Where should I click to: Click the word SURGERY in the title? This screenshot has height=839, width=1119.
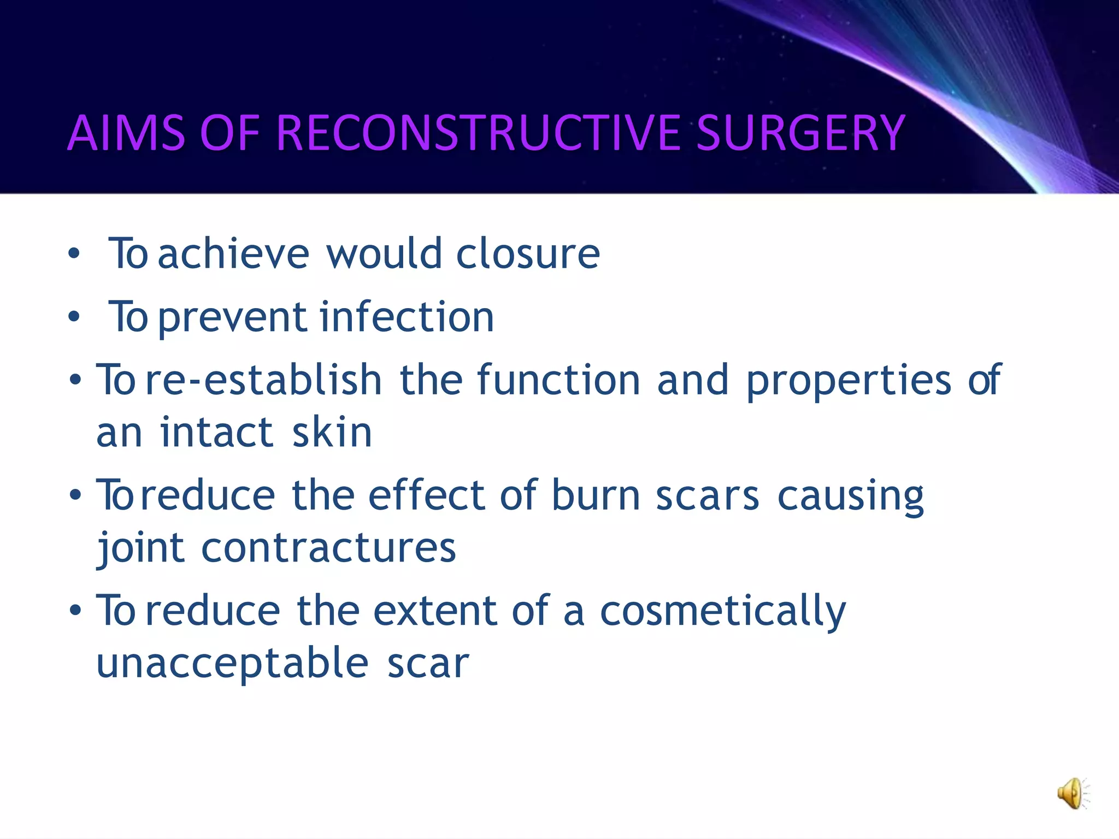tap(801, 133)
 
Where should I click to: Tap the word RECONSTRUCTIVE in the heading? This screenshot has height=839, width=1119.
tap(481, 133)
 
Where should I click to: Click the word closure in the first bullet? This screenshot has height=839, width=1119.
tap(528, 254)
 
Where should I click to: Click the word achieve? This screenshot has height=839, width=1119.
tap(234, 254)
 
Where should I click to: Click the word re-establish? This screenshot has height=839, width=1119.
tap(264, 380)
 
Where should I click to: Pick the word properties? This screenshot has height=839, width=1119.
tap(849, 381)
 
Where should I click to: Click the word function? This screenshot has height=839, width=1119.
tap(558, 380)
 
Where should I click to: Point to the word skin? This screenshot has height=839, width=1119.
tap(332, 433)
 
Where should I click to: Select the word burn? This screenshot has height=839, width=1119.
tap(596, 495)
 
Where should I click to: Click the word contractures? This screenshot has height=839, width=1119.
tap(328, 548)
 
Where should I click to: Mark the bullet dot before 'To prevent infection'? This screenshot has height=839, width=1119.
tap(74, 317)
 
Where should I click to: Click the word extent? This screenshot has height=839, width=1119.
tap(435, 611)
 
